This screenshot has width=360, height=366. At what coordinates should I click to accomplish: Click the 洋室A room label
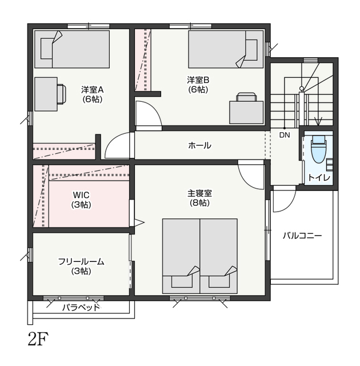point(92,90)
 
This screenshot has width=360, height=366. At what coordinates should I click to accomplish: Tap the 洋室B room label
point(198,80)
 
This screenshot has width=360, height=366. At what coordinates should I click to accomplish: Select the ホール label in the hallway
point(199,145)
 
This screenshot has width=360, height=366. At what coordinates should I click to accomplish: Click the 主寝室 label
point(199,193)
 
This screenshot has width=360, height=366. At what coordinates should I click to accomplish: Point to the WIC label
point(81,194)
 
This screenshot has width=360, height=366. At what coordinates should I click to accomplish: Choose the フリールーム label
point(81,262)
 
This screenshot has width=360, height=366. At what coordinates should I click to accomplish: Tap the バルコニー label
point(302,236)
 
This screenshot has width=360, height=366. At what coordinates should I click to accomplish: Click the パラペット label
point(81,308)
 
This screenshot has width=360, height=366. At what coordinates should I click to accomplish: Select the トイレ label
point(319,178)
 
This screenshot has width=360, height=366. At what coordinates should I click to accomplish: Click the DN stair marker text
point(285,135)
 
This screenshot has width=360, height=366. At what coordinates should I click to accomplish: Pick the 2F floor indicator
point(38,339)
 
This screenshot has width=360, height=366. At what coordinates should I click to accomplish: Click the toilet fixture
point(318,149)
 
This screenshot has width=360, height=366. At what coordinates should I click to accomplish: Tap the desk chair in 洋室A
point(62,94)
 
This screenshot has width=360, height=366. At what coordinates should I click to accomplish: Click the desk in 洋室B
point(246,112)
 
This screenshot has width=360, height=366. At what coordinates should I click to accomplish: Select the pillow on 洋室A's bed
point(47,49)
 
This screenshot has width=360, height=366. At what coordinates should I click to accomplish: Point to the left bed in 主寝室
point(181,256)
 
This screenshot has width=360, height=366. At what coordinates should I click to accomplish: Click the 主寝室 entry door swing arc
point(248,177)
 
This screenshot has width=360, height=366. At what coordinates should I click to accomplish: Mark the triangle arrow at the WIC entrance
point(139,222)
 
